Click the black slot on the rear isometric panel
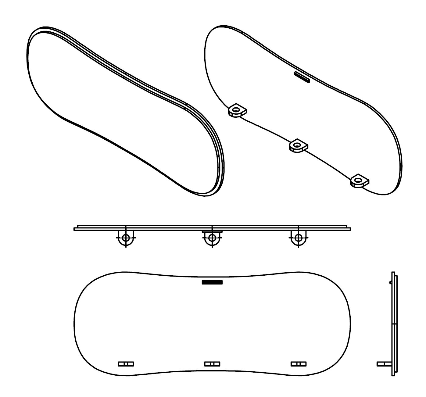click(x=302, y=77)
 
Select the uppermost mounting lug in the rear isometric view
click(x=237, y=110)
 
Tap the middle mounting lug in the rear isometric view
click(x=298, y=145)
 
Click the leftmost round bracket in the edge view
click(x=126, y=238)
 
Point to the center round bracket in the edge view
click(x=212, y=238)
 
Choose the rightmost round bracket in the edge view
click(x=298, y=238)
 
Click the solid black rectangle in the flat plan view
click(x=212, y=282)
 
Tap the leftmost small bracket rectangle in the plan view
click(x=126, y=364)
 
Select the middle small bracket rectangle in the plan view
click(x=212, y=364)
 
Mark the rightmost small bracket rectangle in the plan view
click(x=299, y=364)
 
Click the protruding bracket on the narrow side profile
click(x=384, y=364)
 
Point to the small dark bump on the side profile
click(x=390, y=282)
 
